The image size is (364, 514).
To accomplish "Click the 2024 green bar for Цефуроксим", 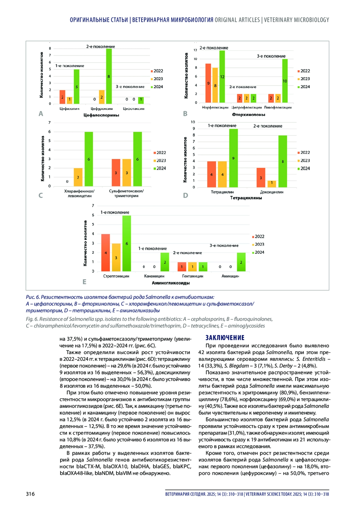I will (x=109, y=76).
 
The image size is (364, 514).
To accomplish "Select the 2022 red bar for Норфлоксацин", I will (x=208, y=83).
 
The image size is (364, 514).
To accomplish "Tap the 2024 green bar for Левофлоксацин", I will (x=285, y=81).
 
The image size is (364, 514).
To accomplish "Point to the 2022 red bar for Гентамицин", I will (x=182, y=267).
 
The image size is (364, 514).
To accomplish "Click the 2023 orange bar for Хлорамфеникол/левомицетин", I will (x=78, y=177).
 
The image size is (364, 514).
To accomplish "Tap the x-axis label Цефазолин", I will (x=69, y=108).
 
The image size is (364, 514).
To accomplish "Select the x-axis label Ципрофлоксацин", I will (x=246, y=107).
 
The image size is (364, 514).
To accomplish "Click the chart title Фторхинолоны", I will (x=248, y=114).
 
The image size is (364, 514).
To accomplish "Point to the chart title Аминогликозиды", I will (x=171, y=283).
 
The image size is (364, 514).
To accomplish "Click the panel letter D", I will (x=186, y=195).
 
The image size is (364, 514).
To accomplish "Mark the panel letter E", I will (x=85, y=282).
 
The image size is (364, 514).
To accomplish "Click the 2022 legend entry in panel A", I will (x=157, y=71).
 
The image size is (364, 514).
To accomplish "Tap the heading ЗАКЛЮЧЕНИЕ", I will (x=225, y=338).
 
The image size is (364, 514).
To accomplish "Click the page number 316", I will (x=30, y=494).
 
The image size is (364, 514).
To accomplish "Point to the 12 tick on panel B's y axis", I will (x=195, y=50).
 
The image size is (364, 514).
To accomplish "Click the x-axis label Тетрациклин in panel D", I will (x=222, y=192).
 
